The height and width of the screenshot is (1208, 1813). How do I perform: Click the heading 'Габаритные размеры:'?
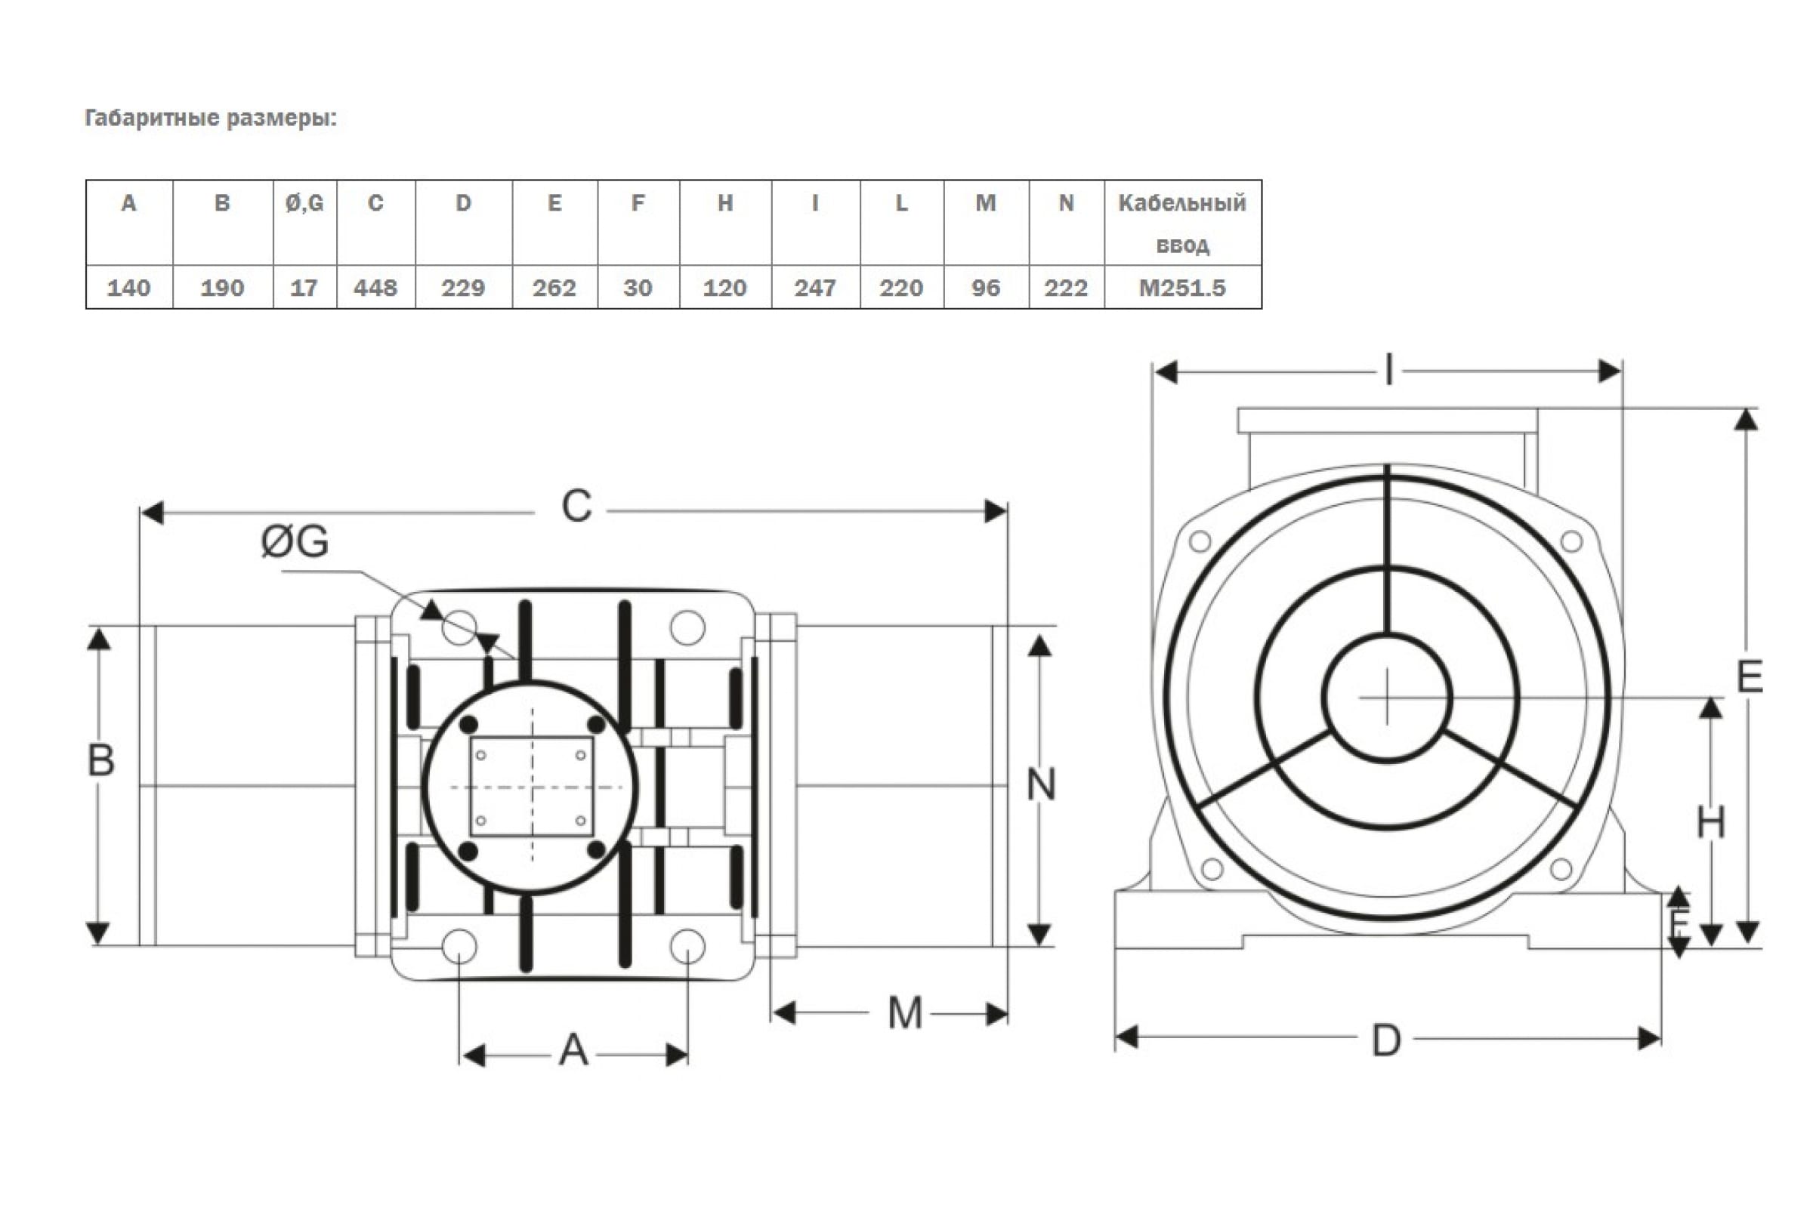point(211,118)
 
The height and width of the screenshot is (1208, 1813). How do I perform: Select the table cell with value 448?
point(375,288)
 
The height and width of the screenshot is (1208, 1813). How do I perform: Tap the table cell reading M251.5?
point(1181,288)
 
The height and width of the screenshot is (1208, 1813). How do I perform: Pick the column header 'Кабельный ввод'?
point(1181,223)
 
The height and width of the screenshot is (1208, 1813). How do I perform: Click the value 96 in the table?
point(986,288)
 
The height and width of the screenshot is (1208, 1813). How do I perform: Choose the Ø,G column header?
point(304,203)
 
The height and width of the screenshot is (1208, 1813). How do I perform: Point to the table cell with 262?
point(554,288)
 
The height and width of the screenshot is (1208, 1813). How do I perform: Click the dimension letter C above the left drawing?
point(576,507)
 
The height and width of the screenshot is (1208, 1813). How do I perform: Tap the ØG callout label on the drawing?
point(295,541)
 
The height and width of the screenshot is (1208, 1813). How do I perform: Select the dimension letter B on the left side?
point(101,760)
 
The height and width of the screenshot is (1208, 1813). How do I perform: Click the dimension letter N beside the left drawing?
point(1041,785)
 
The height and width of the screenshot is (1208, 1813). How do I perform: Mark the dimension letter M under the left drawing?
point(904,1013)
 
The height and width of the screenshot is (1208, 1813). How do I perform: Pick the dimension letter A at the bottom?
point(573,1050)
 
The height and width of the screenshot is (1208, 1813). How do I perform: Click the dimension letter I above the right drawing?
point(1389,370)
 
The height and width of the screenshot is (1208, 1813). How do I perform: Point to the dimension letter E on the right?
point(1749,678)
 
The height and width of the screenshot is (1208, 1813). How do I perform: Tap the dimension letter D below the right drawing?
point(1386,1041)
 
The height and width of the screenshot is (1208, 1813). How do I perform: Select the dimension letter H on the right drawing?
point(1710,823)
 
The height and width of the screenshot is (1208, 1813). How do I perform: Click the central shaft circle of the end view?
point(1387,698)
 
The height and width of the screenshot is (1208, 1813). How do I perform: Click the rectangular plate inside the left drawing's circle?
point(532,787)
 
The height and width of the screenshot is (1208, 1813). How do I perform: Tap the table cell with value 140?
point(128,288)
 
